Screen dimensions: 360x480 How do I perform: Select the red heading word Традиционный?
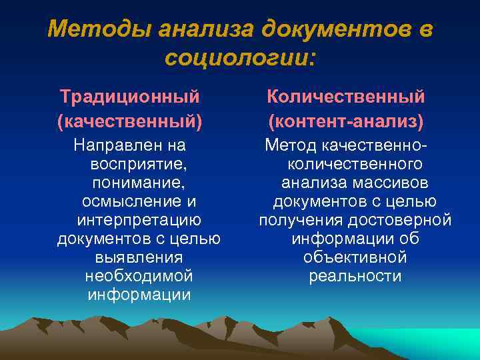click(130, 97)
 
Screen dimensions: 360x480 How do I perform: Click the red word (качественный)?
click(130, 122)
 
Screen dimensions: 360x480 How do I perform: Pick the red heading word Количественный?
click(346, 97)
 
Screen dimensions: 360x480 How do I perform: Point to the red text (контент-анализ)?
click(346, 122)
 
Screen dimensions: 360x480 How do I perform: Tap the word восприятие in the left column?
click(137, 163)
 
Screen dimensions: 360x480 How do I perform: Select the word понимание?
click(137, 182)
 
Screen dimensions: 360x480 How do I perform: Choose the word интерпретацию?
click(139, 219)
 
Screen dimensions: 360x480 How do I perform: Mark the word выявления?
click(139, 257)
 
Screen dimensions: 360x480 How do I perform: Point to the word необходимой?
click(139, 275)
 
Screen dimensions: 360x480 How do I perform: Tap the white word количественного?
click(355, 163)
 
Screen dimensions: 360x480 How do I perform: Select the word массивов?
click(390, 182)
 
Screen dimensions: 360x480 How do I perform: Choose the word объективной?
click(355, 257)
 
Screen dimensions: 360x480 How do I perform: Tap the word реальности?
click(355, 275)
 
